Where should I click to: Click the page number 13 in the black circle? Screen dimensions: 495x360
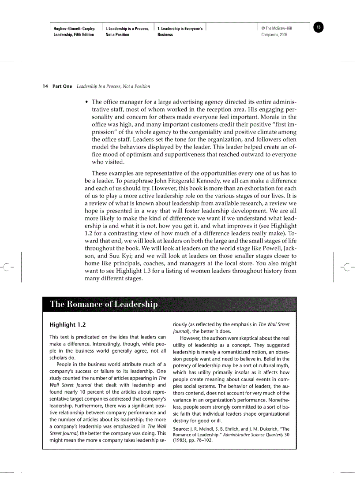coord(319,28)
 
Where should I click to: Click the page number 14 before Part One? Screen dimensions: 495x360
coord(45,86)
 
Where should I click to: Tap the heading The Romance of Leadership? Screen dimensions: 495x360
coord(104,304)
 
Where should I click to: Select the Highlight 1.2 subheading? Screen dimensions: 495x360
coord(67,325)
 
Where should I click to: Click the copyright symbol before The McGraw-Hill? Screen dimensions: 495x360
coord(263,29)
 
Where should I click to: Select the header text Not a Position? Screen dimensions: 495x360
coord(117,34)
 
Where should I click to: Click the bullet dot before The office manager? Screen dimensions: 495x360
coord(87,102)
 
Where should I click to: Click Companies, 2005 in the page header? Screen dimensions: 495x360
coord(274,34)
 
